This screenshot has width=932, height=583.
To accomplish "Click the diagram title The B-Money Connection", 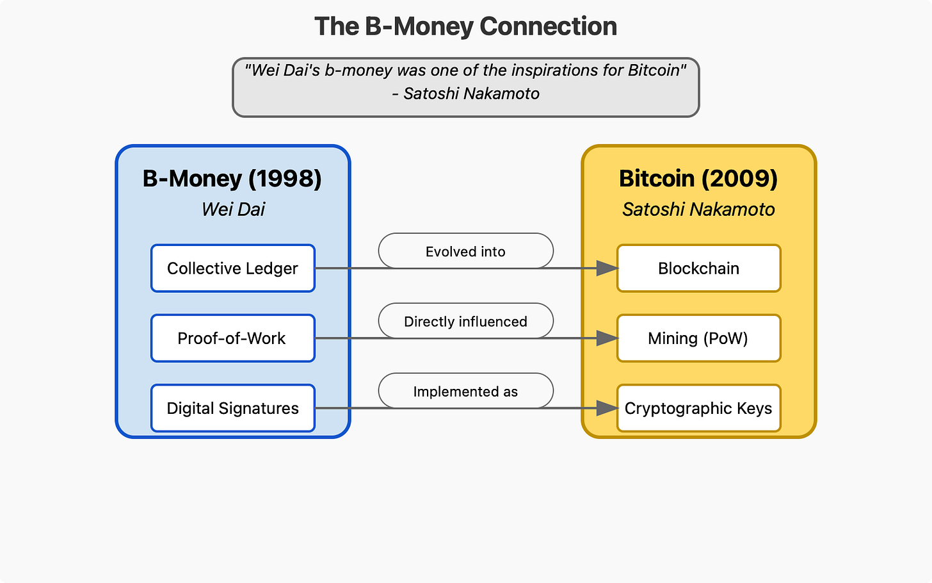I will [x=465, y=27].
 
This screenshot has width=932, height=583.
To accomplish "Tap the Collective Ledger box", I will [x=233, y=268].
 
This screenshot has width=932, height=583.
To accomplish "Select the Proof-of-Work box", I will [x=233, y=338].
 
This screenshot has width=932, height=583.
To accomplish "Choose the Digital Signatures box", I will [x=233, y=408].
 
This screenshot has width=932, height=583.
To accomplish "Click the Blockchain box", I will [x=698, y=268].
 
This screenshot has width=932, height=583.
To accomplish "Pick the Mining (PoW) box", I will [x=698, y=338].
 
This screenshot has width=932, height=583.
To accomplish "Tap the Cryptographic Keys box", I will [x=698, y=408].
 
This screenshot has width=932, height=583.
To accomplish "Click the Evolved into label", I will [x=465, y=251].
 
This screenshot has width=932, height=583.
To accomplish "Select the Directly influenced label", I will [x=465, y=321].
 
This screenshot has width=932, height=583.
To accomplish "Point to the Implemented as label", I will [x=465, y=391].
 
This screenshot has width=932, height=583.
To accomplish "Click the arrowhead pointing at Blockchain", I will [x=607, y=268].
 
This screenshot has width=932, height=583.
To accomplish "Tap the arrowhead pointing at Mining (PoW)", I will [x=607, y=338].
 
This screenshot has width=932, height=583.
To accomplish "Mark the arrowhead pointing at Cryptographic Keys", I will [x=607, y=408].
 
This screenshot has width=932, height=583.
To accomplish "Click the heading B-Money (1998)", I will [x=232, y=178].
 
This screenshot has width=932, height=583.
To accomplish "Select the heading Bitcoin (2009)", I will [x=698, y=178].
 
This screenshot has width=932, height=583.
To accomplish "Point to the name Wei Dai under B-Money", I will [x=233, y=209].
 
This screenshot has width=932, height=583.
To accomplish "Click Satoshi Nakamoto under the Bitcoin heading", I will [x=698, y=209].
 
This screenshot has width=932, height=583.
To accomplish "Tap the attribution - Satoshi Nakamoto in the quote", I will [x=466, y=94].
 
